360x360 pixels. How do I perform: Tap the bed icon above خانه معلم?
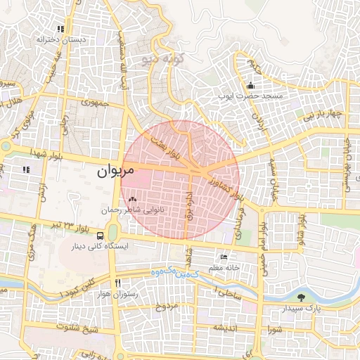224,257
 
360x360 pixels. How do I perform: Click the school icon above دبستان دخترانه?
61,30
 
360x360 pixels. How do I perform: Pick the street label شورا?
275,329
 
